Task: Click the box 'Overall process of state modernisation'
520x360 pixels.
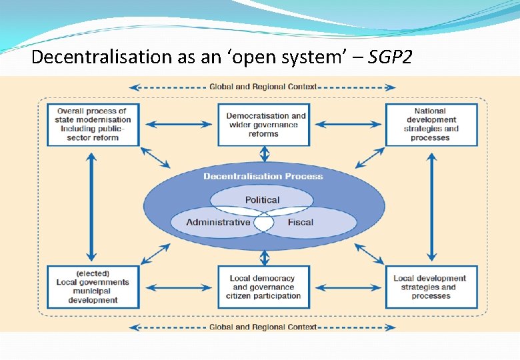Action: [93, 125]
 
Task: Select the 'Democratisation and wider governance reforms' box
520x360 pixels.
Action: [264, 125]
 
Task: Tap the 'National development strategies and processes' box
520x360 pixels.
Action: [431, 125]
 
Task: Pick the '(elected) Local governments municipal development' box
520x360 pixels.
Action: [93, 287]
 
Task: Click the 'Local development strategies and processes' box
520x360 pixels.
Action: [431, 287]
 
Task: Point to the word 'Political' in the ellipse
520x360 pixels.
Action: [262, 200]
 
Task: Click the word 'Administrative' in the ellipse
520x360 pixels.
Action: [218, 222]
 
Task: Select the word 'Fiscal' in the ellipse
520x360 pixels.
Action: [300, 222]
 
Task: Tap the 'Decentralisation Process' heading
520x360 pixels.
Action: [263, 176]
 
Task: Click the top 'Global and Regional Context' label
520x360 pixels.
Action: [263, 87]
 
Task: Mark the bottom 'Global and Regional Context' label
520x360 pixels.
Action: [263, 327]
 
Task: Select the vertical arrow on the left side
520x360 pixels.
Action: [92, 206]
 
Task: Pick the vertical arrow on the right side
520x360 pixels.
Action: [432, 206]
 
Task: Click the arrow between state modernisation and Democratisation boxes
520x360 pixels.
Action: [178, 125]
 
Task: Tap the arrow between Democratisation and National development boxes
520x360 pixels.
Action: [348, 125]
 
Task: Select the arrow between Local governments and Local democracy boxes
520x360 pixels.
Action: [178, 287]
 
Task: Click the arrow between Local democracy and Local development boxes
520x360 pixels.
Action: [348, 287]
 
